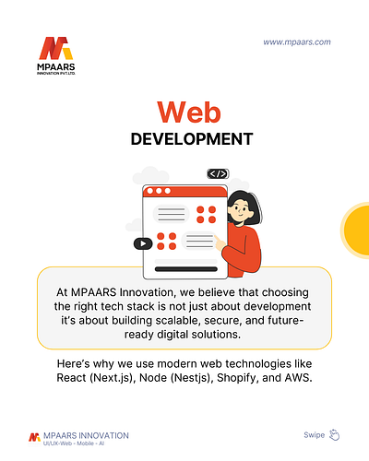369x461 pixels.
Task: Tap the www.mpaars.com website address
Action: point(296,41)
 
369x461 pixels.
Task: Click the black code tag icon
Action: point(218,173)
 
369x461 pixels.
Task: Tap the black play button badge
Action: point(142,243)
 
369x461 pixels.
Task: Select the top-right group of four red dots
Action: point(206,214)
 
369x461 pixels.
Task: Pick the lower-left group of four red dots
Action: point(166,242)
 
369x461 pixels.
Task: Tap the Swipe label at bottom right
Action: point(314,434)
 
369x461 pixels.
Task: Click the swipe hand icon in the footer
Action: point(335,434)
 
